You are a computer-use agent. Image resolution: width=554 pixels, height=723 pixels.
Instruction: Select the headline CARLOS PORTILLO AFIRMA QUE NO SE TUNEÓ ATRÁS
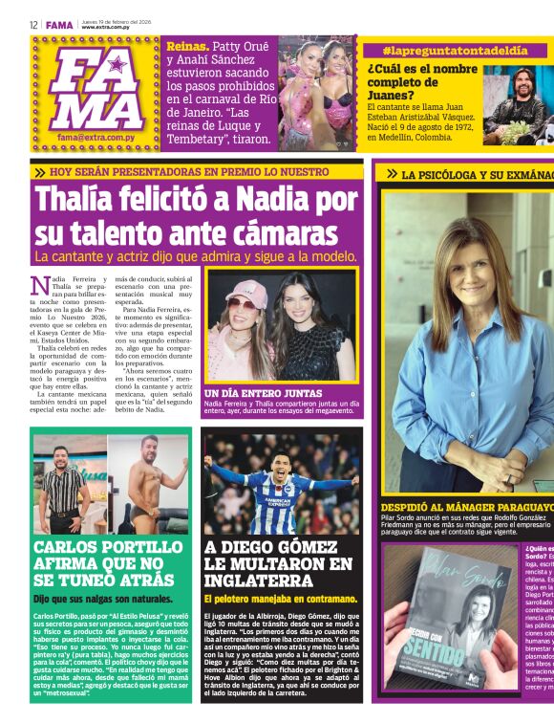coord(107,562)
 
